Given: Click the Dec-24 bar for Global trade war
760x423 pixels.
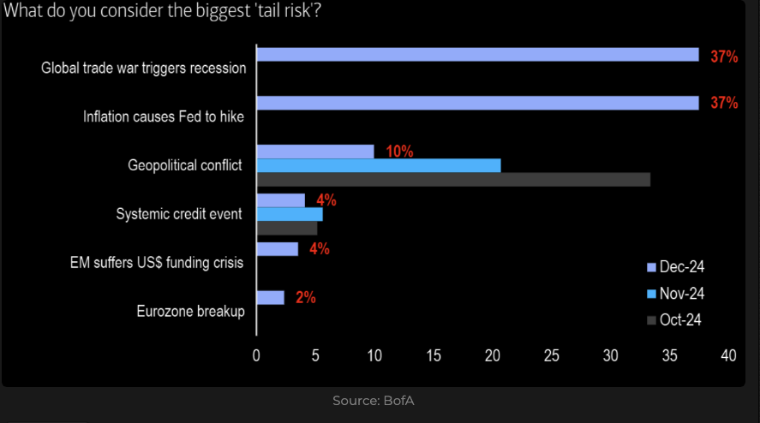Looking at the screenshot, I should pos(477,55).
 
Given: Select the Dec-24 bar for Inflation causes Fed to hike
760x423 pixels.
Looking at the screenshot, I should pos(477,104).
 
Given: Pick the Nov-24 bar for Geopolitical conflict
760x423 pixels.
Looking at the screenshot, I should pos(378,165).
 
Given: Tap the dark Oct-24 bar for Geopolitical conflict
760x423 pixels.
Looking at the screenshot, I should pos(452,180).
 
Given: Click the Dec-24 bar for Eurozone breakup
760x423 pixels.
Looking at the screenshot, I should pos(270,298).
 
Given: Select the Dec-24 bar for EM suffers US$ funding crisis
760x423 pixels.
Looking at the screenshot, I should pos(277,249).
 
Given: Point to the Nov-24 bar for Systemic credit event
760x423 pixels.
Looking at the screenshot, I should pos(289,214).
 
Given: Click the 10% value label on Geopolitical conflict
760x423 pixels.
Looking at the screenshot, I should pos(399,152).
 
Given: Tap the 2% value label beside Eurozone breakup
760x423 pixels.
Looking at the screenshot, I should pos(306,298).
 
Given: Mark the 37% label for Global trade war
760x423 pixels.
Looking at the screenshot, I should pos(724,57).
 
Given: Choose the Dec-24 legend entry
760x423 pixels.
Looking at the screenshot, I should pos(675,268).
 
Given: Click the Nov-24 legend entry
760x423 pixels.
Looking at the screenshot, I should pos(675,294).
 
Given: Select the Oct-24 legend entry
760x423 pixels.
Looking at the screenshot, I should pos(675,320).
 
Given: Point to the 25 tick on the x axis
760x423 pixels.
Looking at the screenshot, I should pos(551,355).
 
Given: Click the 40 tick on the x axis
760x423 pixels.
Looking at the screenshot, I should pos(728,355).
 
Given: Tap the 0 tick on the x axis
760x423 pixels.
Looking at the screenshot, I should pos(256,355).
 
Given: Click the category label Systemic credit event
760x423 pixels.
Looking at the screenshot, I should pos(179,214).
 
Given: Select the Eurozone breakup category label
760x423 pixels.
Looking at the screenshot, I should pos(190,311).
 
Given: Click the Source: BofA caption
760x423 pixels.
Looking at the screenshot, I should pos(373,401).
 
